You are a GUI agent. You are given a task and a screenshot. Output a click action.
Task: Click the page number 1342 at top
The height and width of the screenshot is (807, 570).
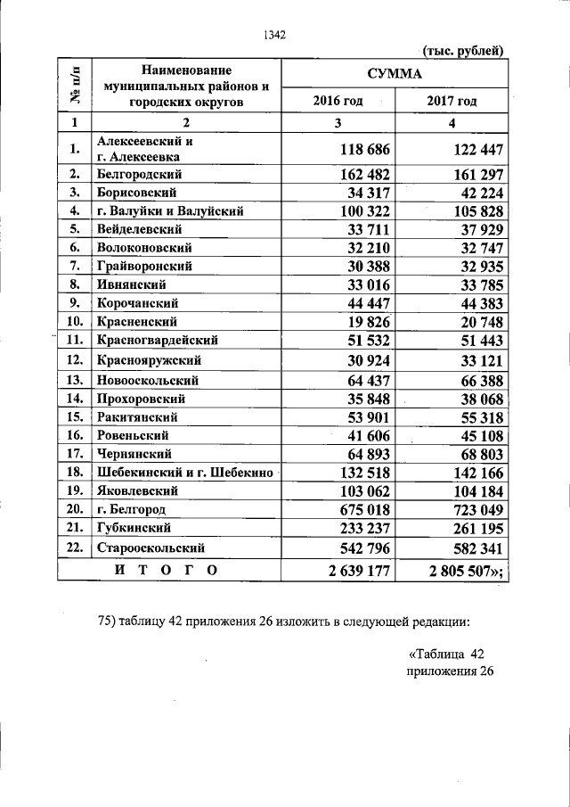click(273, 35)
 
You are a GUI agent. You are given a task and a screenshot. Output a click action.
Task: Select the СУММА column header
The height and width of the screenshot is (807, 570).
click(395, 73)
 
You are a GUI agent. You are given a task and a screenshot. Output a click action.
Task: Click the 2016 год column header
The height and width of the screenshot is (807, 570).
click(338, 101)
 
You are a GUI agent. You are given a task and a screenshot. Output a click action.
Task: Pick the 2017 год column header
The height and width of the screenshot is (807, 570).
click(452, 101)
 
